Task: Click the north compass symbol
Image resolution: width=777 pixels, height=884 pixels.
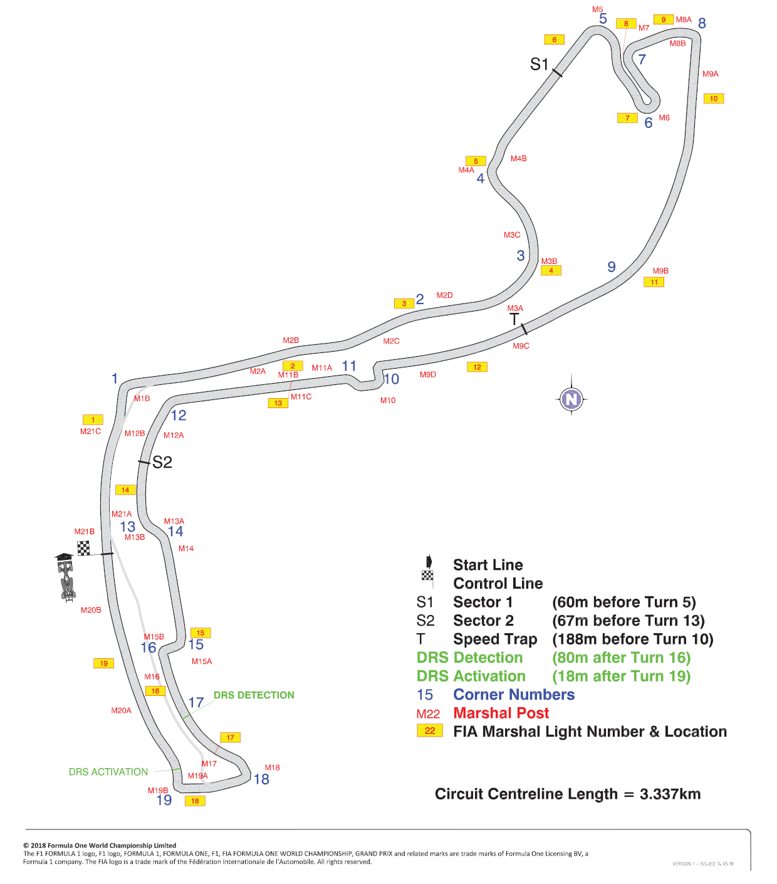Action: tap(571, 399)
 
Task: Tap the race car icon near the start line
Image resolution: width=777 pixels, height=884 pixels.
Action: tap(66, 577)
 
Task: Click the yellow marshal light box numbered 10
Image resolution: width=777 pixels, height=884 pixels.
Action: tap(713, 98)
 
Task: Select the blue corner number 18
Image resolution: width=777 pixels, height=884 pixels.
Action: tap(261, 779)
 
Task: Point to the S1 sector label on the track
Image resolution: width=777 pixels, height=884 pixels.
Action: tap(539, 64)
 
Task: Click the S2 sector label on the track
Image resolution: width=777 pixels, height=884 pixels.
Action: tap(162, 462)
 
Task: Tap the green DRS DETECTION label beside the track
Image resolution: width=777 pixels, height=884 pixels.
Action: tap(254, 695)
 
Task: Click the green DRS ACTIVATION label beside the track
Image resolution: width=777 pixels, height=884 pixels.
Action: tap(108, 772)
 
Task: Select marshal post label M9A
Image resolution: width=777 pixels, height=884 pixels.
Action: tap(711, 74)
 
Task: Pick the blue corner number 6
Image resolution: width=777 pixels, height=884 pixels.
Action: tap(649, 123)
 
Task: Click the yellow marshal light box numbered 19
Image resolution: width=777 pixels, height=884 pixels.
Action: tap(104, 663)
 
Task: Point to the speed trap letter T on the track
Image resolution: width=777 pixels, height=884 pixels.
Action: tap(514, 319)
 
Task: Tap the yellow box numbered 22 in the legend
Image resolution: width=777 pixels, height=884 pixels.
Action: tap(430, 730)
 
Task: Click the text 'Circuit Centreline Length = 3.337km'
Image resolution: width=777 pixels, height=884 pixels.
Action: tap(568, 794)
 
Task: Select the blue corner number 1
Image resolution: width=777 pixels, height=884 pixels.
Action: tap(115, 378)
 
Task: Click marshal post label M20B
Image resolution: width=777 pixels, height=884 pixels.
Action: tap(91, 609)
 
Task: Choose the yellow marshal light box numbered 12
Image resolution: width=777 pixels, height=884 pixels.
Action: tap(477, 367)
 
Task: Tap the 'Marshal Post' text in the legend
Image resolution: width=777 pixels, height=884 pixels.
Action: tap(501, 713)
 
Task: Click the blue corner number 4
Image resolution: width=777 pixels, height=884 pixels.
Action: tap(480, 178)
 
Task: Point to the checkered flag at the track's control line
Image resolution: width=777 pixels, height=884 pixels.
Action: tap(83, 548)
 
